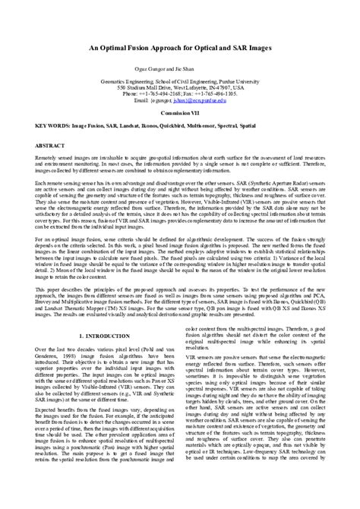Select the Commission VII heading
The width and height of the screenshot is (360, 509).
click(x=180, y=131)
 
